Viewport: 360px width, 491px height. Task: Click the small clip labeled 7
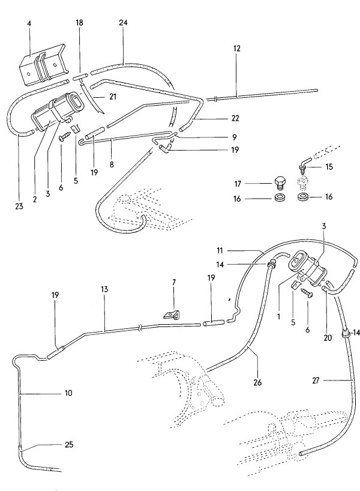click(x=170, y=314)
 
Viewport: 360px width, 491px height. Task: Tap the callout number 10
click(x=68, y=393)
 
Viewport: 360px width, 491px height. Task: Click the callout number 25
click(x=70, y=444)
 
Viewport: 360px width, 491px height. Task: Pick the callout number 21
click(x=112, y=95)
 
